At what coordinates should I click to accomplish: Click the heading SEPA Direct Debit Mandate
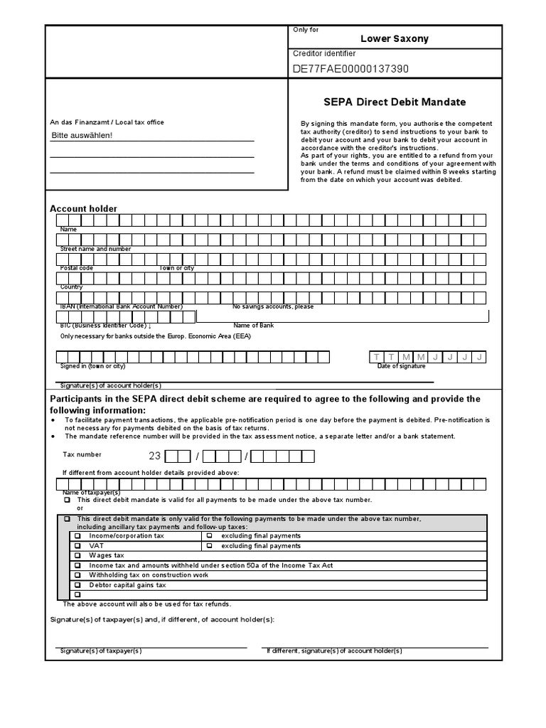pyautogui.click(x=395, y=102)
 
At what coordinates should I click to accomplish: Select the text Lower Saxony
pyautogui.click(x=395, y=38)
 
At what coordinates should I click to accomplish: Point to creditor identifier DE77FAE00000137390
pyautogui.click(x=350, y=69)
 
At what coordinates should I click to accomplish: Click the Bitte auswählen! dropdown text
pyautogui.click(x=82, y=135)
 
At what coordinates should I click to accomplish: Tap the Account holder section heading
pyautogui.click(x=83, y=208)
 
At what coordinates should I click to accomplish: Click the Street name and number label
pyautogui.click(x=95, y=249)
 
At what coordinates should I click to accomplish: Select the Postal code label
pyautogui.click(x=77, y=268)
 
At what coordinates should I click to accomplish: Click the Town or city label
pyautogui.click(x=176, y=268)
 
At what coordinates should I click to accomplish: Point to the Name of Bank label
pyautogui.click(x=253, y=326)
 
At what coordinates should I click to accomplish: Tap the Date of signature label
pyautogui.click(x=401, y=366)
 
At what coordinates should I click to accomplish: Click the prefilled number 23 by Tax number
pyautogui.click(x=154, y=456)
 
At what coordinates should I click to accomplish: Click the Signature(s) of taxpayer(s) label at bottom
pyautogui.click(x=100, y=651)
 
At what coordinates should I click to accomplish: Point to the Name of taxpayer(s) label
pyautogui.click(x=91, y=493)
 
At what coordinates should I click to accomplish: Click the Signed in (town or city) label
pyautogui.click(x=92, y=366)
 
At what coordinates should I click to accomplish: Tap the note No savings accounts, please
pyautogui.click(x=273, y=306)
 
